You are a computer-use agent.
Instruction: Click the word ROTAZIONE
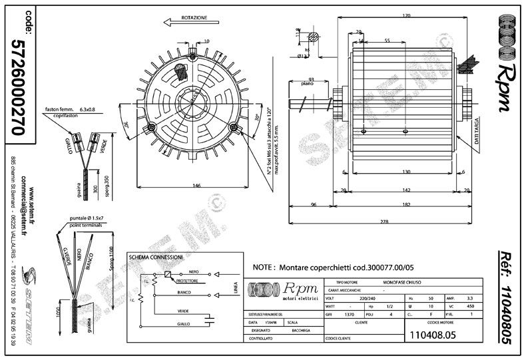[192, 17]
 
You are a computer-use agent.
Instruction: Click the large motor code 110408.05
[433, 335]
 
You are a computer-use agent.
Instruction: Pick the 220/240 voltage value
[359, 298]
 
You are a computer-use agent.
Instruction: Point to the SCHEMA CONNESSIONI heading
[158, 257]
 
